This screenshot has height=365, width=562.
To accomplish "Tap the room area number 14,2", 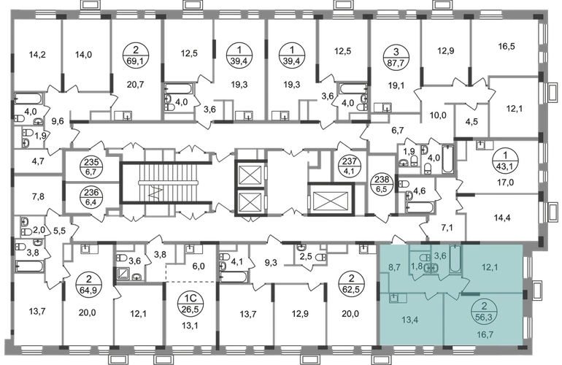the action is (x=37, y=55).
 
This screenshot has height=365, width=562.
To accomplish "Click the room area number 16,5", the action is (x=507, y=46).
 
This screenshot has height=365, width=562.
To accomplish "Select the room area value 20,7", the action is (x=136, y=85).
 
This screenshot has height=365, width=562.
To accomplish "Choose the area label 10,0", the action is (x=438, y=115).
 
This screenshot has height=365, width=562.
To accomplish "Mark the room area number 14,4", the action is (x=502, y=218).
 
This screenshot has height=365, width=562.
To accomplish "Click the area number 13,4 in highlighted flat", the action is (x=410, y=320).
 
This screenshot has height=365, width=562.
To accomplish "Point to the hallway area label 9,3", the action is (x=271, y=263).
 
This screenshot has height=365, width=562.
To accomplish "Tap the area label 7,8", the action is (x=38, y=196).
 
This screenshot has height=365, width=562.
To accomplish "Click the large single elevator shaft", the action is (x=331, y=199).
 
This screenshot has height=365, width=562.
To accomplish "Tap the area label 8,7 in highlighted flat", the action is (x=395, y=267).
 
